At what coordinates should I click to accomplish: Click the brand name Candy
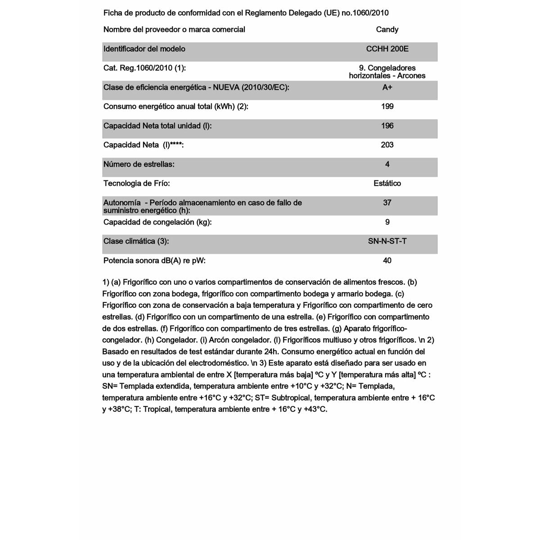(x=387, y=30)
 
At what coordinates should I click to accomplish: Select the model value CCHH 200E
(x=387, y=49)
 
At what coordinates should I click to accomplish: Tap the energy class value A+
(x=387, y=87)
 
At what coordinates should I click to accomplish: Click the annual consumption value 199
(x=387, y=107)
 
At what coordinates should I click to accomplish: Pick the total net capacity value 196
(x=387, y=126)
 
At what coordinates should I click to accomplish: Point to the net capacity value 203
(x=387, y=145)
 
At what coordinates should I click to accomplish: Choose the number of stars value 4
(x=387, y=164)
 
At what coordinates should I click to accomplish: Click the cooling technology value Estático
(x=387, y=184)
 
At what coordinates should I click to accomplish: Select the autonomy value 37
(x=387, y=203)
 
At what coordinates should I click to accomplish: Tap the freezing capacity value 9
(x=387, y=222)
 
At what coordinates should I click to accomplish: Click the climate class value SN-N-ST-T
(x=387, y=241)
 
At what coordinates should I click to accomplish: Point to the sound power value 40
(x=387, y=261)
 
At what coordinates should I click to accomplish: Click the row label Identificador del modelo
(x=144, y=49)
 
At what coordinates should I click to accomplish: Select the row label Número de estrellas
(x=139, y=164)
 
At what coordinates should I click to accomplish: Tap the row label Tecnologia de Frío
(x=136, y=184)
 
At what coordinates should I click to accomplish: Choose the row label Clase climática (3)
(x=136, y=241)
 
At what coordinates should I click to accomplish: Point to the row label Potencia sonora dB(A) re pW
(x=154, y=261)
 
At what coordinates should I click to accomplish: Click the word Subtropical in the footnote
(x=291, y=398)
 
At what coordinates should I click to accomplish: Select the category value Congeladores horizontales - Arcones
(x=387, y=72)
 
